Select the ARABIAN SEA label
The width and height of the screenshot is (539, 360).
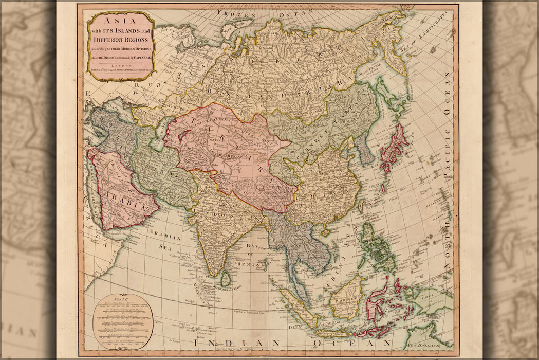[165, 242]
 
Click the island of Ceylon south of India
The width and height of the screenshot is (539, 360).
[225, 279]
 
